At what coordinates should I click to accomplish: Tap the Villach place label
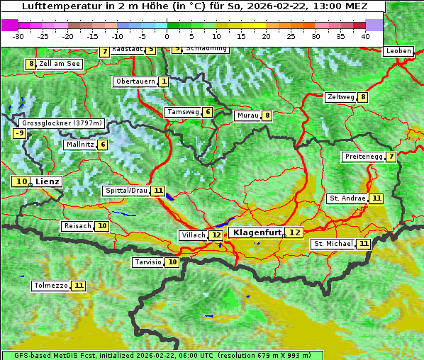click(194, 235)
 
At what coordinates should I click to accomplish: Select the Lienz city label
click(48, 181)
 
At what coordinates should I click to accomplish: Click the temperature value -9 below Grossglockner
click(19, 133)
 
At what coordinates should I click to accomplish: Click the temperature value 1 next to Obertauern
click(164, 81)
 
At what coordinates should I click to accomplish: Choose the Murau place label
click(247, 116)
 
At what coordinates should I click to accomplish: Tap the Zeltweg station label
click(340, 97)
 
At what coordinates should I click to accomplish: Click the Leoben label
click(398, 51)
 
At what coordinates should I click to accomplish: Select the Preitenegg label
click(363, 157)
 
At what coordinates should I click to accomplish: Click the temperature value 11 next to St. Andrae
click(376, 198)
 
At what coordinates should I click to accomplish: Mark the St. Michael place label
click(333, 244)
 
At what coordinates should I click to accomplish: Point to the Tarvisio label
click(148, 262)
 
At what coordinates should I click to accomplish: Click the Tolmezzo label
click(50, 286)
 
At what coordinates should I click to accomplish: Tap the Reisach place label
click(77, 226)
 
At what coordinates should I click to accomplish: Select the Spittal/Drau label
click(126, 191)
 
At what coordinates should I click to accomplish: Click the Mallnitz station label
click(79, 145)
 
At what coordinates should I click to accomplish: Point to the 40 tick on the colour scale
click(365, 35)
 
